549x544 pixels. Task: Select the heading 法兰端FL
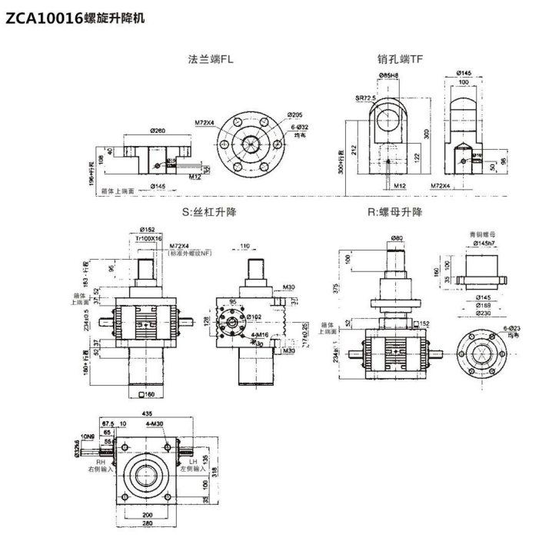pos(211,59)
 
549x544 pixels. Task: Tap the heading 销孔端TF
pos(400,59)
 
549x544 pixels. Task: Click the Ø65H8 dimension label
pos(391,75)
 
